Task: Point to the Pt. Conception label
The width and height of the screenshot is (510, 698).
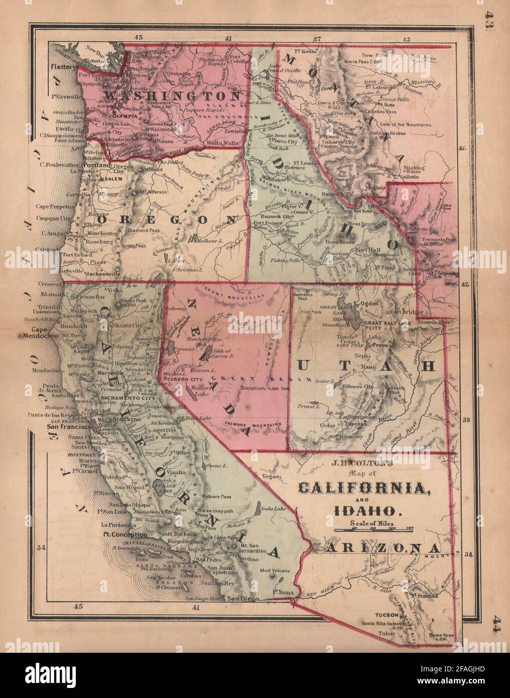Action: click(122, 535)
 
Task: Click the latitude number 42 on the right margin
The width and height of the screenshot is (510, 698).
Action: click(464, 284)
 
